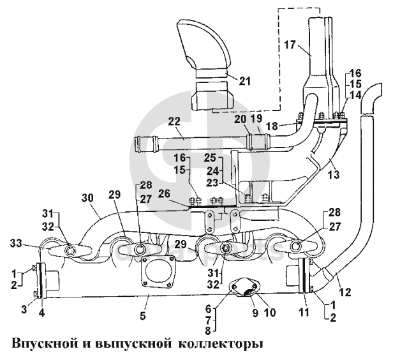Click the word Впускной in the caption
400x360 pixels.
pyautogui.click(x=41, y=343)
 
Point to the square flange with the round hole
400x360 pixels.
pyautogui.click(x=157, y=272)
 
